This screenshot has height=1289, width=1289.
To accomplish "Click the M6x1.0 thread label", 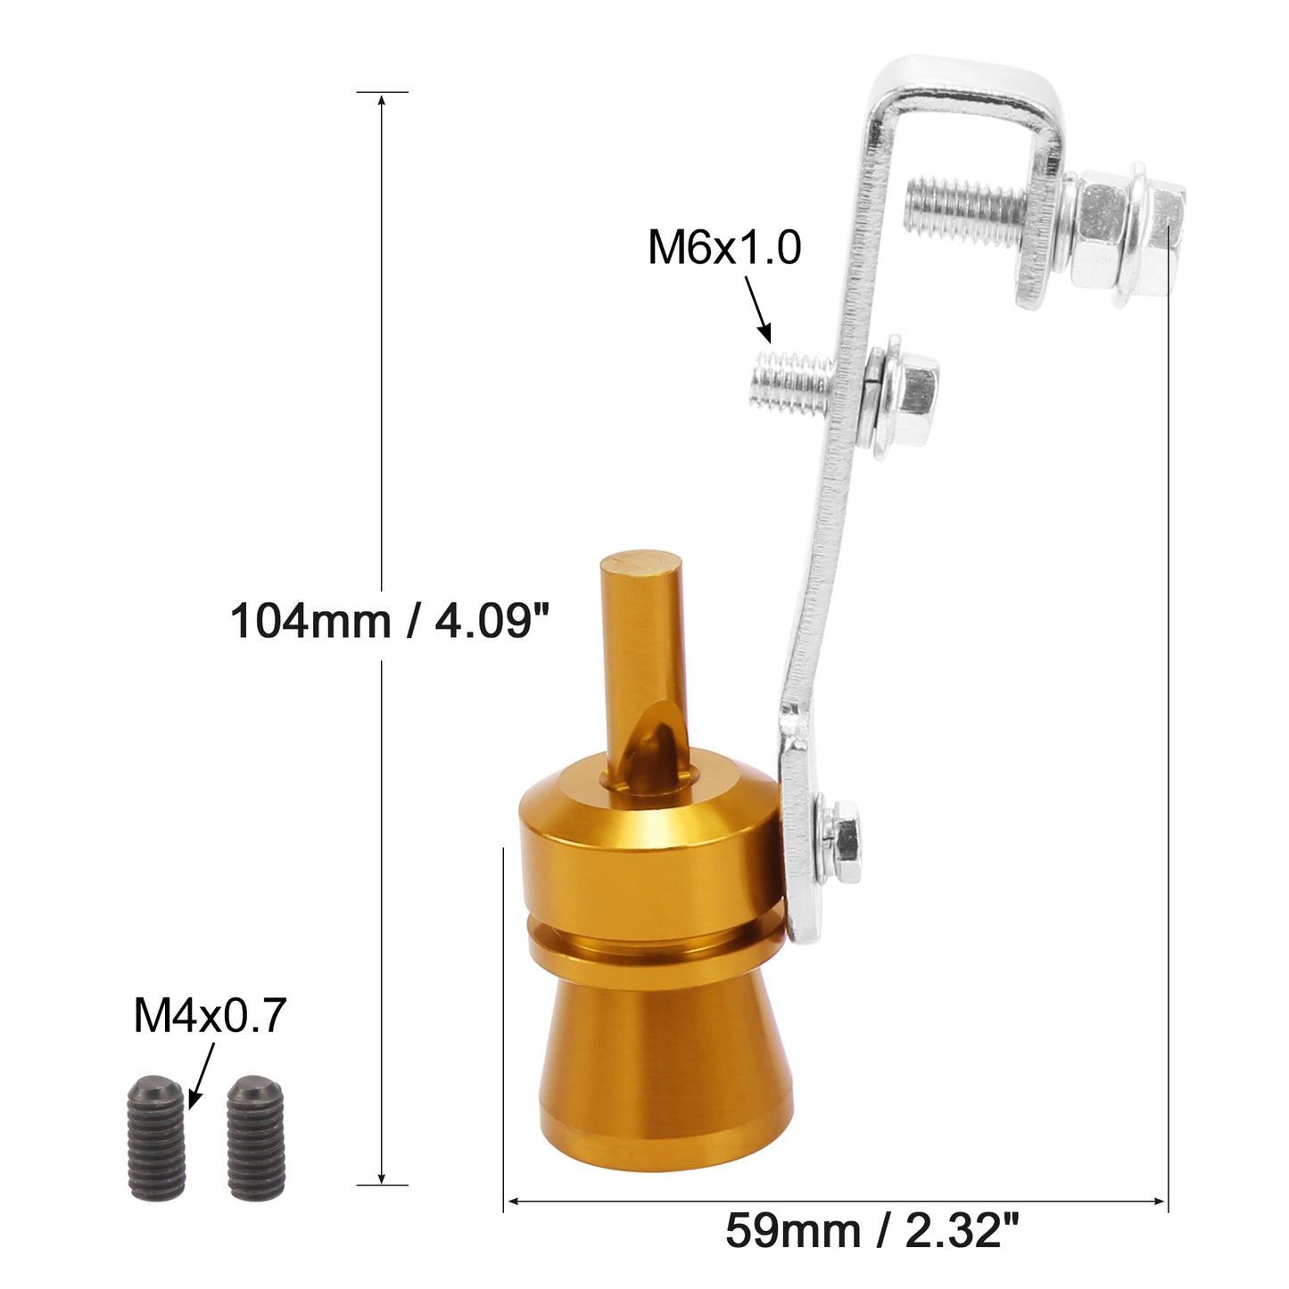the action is pyautogui.click(x=724, y=247).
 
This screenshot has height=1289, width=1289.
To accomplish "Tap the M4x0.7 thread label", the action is pyautogui.click(x=210, y=1015).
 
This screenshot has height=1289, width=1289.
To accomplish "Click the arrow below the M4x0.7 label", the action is pyautogui.click(x=202, y=1074).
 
